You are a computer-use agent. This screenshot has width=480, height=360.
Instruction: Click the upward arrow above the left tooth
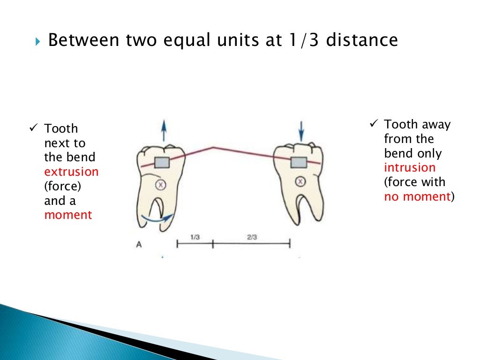pos(163,130)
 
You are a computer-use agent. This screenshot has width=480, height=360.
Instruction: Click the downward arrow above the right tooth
pos(301,130)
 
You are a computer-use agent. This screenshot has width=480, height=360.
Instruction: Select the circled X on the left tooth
pos(161,185)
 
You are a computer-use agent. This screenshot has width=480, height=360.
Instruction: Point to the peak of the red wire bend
pos(213,148)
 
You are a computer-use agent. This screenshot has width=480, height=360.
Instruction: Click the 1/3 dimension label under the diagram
pos(195,237)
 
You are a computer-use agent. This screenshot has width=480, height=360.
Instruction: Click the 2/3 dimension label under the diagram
pos(252,237)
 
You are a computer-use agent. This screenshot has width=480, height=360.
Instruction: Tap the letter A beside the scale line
pos(139,244)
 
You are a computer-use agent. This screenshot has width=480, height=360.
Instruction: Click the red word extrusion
pos(71,172)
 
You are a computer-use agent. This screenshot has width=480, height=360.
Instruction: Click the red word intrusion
pos(410,168)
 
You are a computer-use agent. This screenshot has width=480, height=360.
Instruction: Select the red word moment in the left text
pos(68,215)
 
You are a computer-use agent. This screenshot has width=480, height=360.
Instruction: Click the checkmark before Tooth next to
pos(33,127)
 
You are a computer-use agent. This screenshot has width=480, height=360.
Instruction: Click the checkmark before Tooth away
pos(374,124)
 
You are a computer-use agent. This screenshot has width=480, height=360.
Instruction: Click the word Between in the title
pos(79,40)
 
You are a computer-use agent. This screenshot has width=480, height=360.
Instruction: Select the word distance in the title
pos(362,40)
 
